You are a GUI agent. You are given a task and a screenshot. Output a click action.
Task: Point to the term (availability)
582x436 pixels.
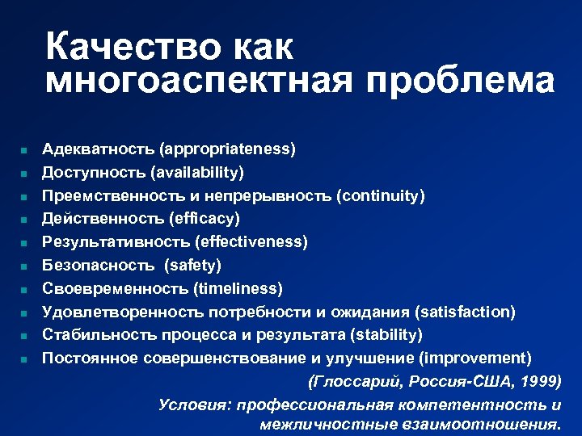point(200,172)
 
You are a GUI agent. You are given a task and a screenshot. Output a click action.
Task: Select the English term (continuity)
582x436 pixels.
point(381,195)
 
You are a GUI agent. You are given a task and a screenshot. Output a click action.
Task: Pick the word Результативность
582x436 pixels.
point(116,241)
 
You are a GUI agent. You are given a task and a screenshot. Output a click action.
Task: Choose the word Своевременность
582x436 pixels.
point(115,288)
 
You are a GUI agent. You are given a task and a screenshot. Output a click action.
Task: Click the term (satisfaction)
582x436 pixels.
point(465,312)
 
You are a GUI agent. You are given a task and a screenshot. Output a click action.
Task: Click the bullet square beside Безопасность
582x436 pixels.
point(25,266)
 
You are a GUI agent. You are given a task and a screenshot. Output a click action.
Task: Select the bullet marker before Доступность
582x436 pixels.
point(25,173)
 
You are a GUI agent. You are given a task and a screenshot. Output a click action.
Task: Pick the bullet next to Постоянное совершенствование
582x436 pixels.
point(25,358)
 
